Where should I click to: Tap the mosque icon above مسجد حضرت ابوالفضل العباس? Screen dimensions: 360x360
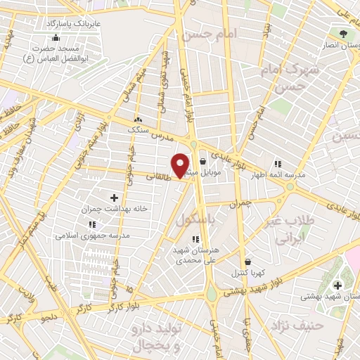tap(56, 37)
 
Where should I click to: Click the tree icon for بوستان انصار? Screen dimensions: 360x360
tap(343, 33)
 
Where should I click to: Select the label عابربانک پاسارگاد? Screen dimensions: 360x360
tap(75, 23)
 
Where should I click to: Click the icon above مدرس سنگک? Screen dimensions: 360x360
tap(138, 120)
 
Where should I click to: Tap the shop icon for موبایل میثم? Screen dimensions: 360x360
tap(203, 161)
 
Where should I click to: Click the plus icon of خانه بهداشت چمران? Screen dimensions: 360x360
tap(115, 199)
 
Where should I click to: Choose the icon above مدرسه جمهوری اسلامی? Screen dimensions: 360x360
tap(92, 224)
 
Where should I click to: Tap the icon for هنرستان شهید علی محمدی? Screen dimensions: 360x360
tap(195, 239)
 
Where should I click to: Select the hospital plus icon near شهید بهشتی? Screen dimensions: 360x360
tap(338, 285)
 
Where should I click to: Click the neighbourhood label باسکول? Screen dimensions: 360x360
tap(194, 219)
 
